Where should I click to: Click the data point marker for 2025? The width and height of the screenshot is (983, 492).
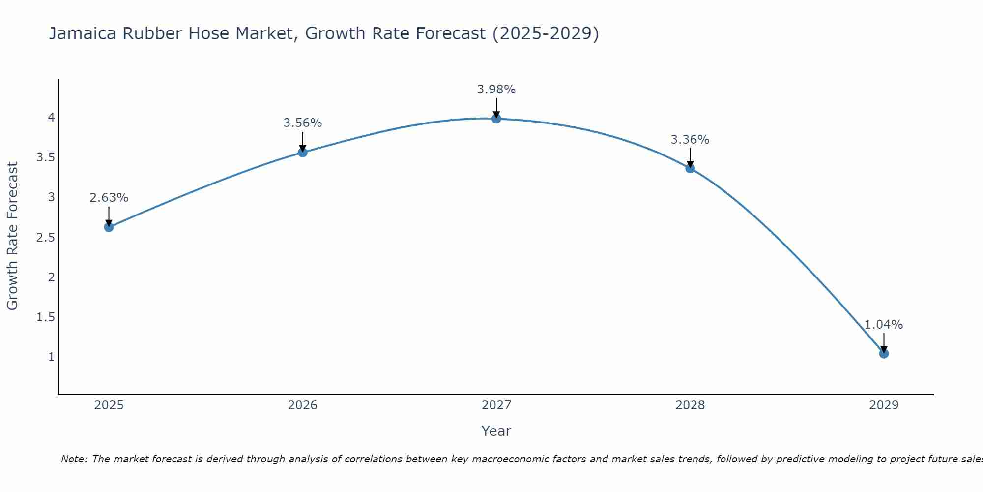109,227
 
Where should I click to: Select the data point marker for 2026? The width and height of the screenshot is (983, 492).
303,153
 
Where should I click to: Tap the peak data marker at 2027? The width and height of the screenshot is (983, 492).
496,119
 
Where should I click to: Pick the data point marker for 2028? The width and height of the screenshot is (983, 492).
690,168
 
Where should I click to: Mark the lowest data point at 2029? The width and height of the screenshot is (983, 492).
884,354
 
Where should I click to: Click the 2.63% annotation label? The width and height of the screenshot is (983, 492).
109,198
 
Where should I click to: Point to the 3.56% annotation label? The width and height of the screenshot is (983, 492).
303,123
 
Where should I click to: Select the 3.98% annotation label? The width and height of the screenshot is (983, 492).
496,90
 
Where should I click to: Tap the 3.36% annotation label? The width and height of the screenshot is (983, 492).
690,140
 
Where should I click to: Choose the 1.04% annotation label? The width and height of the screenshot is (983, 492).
884,325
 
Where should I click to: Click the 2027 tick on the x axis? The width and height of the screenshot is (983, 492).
496,405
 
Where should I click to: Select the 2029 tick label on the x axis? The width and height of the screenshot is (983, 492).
884,405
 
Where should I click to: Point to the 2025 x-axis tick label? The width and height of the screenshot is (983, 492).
109,405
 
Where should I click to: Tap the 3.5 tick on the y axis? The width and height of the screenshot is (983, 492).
45,157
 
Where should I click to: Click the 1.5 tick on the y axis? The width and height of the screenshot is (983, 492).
45,317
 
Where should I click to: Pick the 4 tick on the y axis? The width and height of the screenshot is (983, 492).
51,118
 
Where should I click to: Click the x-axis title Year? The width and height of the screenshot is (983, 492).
496,431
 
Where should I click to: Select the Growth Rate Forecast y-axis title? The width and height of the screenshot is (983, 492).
12,236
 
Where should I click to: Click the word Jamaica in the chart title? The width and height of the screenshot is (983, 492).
83,33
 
